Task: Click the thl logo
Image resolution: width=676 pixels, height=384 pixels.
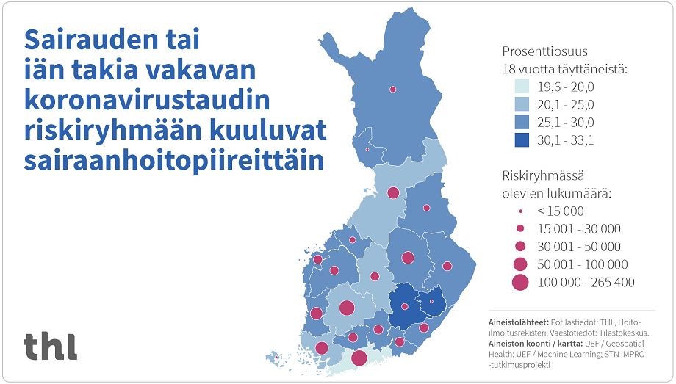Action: pyautogui.click(x=50, y=346)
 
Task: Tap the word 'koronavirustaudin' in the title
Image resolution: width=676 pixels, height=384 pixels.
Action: pyautogui.click(x=146, y=99)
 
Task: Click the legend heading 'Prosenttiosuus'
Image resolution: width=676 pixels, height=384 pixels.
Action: pyautogui.click(x=544, y=52)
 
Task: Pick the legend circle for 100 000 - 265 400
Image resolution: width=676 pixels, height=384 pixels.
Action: pyautogui.click(x=520, y=282)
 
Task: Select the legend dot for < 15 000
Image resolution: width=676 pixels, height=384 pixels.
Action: pyautogui.click(x=520, y=211)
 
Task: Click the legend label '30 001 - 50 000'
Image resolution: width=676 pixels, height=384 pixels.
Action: pyautogui.click(x=578, y=247)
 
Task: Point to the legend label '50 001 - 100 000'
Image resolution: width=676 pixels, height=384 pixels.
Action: pyautogui.click(x=582, y=264)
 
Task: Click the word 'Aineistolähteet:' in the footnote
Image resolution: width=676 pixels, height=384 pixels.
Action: pyautogui.click(x=517, y=322)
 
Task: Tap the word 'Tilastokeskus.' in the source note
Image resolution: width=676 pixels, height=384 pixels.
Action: pyautogui.click(x=624, y=333)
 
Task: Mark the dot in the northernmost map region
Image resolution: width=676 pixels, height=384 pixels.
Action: pyautogui.click(x=393, y=89)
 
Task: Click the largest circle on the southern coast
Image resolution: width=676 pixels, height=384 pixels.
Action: pyautogui.click(x=359, y=358)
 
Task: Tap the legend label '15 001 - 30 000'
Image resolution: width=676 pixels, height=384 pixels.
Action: pyautogui.click(x=578, y=229)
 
